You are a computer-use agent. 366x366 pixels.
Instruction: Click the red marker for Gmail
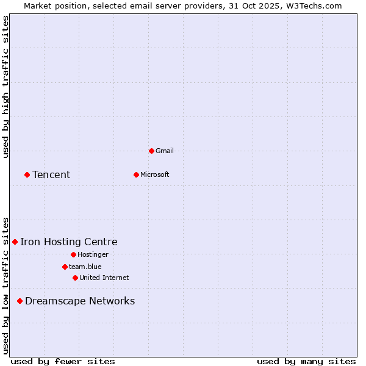pyautogui.click(x=151, y=151)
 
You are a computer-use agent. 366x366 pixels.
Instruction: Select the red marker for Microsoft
pyautogui.click(x=136, y=174)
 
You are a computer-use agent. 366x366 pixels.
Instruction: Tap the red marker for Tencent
pyautogui.click(x=27, y=174)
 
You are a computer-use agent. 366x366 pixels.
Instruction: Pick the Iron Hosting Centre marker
pyautogui.click(x=15, y=242)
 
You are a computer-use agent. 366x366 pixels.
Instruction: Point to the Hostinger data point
pyautogui.click(x=73, y=254)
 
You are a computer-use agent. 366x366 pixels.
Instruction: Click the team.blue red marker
pyautogui.click(x=65, y=267)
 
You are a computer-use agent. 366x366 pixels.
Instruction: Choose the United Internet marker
pyautogui.click(x=75, y=278)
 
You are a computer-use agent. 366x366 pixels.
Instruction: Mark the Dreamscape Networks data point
pyautogui.click(x=20, y=301)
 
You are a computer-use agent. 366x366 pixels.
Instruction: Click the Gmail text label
pyautogui.click(x=165, y=151)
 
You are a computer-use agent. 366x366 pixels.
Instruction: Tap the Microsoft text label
pyautogui.click(x=155, y=174)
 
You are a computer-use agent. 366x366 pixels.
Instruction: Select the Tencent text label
pyautogui.click(x=51, y=174)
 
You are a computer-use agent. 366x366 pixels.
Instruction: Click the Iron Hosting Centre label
pyautogui.click(x=69, y=242)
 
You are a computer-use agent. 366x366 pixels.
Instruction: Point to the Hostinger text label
pyautogui.click(x=93, y=254)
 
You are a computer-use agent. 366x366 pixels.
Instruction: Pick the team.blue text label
pyautogui.click(x=85, y=267)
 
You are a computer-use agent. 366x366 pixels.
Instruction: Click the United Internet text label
pyautogui.click(x=104, y=278)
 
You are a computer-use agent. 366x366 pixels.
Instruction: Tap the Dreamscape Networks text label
pyautogui.click(x=80, y=301)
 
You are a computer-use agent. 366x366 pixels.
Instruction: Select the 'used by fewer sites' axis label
pyautogui.click(x=63, y=361)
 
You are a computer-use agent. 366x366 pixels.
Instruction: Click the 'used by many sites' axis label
pyautogui.click(x=306, y=361)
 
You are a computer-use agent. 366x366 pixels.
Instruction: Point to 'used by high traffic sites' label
pyautogui.click(x=5, y=87)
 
